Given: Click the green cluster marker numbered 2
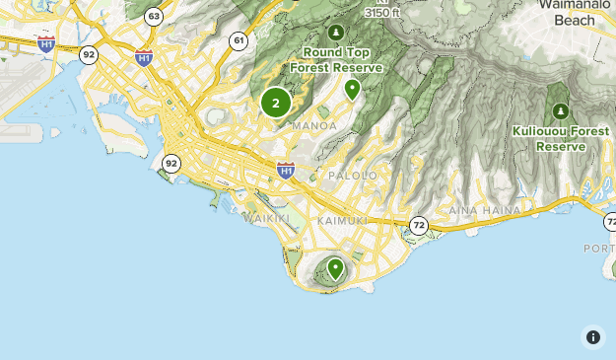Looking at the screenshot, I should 275,102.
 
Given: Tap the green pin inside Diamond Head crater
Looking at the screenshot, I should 335,267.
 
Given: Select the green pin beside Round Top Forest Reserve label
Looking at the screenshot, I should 352,90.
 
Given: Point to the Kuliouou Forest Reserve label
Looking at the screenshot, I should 560,138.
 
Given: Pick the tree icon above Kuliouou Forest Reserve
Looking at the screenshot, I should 561,111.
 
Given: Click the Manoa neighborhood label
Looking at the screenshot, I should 314,125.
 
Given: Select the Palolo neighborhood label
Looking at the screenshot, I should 353,175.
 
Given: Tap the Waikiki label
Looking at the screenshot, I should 267,217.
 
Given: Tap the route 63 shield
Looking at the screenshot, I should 153,17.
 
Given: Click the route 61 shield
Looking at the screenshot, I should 239,40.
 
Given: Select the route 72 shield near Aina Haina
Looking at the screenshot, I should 419,226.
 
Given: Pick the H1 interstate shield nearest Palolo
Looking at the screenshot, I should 286,171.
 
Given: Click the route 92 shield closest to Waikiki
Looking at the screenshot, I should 171,163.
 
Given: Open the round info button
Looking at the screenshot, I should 592,337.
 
